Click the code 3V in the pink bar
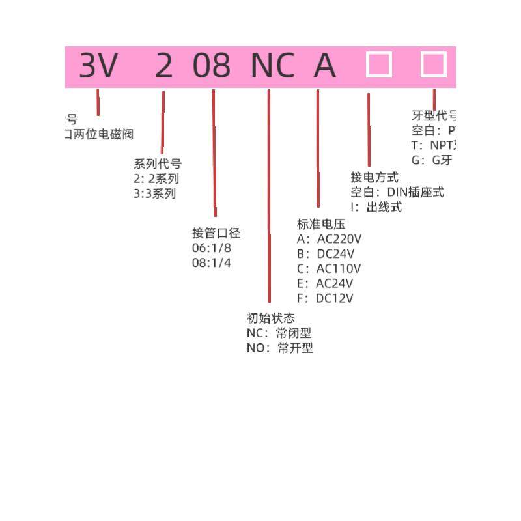(98, 66)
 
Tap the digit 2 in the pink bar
(164, 66)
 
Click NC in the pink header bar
(272, 66)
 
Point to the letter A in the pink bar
(325, 66)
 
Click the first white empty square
(379, 65)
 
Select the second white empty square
(433, 65)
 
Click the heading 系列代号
(157, 164)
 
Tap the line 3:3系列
(154, 193)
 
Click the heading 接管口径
(216, 233)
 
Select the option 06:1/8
(212, 248)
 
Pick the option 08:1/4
(212, 263)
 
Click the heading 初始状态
(271, 318)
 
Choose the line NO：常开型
(279, 348)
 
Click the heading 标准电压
(320, 224)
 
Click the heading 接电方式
(374, 177)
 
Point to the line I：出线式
(376, 207)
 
